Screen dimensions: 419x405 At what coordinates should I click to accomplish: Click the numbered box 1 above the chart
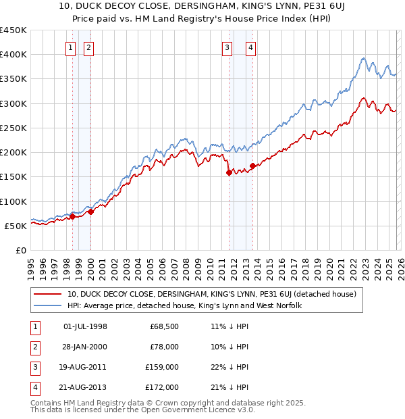[72, 47]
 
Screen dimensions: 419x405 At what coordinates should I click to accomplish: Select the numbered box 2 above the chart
[89, 47]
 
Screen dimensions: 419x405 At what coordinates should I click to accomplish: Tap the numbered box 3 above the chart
[227, 47]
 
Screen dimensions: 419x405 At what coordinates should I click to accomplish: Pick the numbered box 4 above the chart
[250, 47]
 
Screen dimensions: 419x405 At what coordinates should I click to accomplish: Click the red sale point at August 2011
[229, 172]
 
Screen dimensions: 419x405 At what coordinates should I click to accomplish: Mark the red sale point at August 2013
[252, 166]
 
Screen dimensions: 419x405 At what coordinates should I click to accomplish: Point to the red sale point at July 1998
[72, 216]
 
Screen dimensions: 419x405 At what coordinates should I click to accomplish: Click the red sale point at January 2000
[90, 212]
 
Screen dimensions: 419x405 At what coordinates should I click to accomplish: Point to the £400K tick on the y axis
[14, 55]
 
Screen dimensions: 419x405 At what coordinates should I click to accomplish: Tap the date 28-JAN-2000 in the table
[85, 347]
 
